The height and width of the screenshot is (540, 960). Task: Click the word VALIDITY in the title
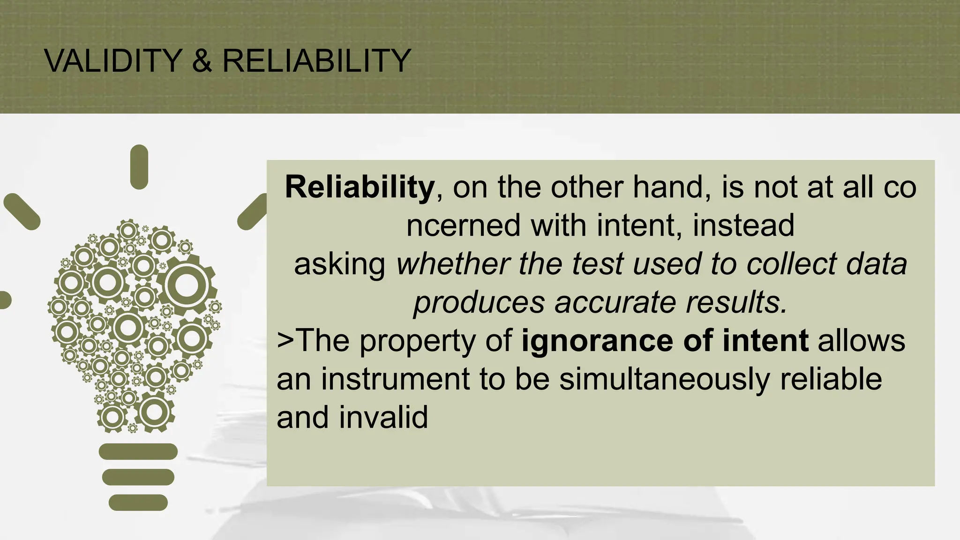pyautogui.click(x=113, y=61)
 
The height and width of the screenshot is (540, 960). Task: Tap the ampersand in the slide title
pyautogui.click(x=202, y=61)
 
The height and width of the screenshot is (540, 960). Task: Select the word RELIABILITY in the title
pyautogui.click(x=316, y=61)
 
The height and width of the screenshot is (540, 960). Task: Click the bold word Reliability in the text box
pyautogui.click(x=360, y=187)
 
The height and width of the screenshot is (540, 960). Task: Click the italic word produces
pyautogui.click(x=479, y=303)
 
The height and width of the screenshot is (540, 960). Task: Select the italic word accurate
pyautogui.click(x=615, y=303)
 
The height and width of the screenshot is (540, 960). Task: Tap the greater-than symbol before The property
pyautogui.click(x=285, y=340)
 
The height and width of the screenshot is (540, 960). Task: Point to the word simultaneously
pyautogui.click(x=664, y=379)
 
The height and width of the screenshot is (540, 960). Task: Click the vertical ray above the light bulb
pyautogui.click(x=139, y=167)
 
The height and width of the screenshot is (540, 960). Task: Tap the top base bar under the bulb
pyautogui.click(x=138, y=452)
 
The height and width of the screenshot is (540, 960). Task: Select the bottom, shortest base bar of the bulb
pyautogui.click(x=138, y=502)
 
